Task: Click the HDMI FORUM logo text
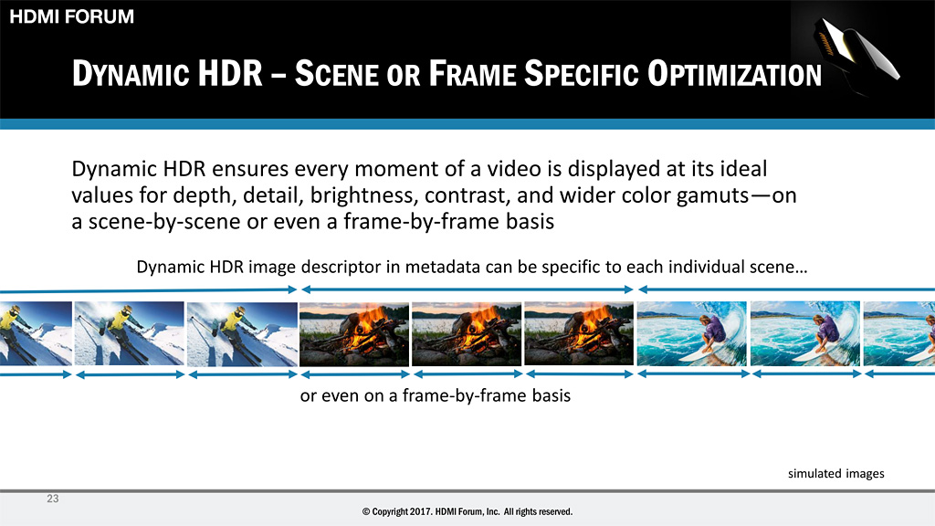click(x=71, y=16)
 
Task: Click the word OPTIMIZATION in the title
click(x=735, y=74)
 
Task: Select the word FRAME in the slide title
click(x=472, y=74)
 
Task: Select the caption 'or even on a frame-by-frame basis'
click(x=436, y=395)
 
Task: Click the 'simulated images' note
click(x=836, y=474)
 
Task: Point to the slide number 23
click(x=52, y=499)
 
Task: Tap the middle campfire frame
click(x=467, y=334)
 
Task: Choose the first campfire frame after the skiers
click(x=354, y=334)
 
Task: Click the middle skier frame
click(x=130, y=333)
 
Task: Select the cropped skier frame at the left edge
click(x=36, y=333)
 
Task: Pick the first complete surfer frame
click(x=692, y=333)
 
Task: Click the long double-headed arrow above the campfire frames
click(x=467, y=289)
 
